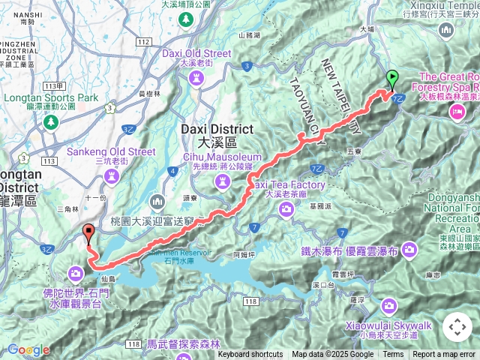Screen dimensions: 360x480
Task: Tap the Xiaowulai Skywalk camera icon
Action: pyautogui.click(x=389, y=305)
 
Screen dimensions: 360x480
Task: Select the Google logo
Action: pyautogui.click(x=28, y=349)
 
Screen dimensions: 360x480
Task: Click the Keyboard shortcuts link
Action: pyautogui.click(x=250, y=355)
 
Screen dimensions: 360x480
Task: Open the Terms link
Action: pyautogui.click(x=393, y=355)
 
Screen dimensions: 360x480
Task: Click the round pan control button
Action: pyautogui.click(x=457, y=327)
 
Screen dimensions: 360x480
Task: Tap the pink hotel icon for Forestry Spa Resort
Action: pyautogui.click(x=456, y=111)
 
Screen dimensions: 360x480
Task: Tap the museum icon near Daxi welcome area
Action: pyautogui.click(x=157, y=201)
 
